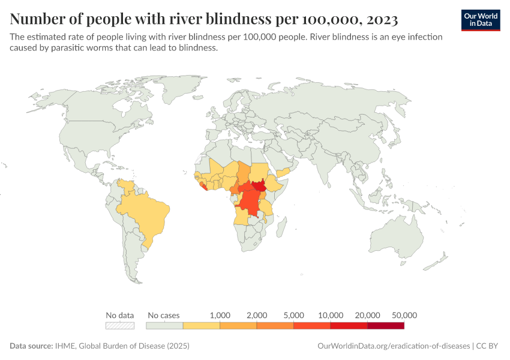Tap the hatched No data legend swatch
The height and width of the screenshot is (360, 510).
pos(119,326)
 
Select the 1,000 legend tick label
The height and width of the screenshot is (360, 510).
pos(220,315)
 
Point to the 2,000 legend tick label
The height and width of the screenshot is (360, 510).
pos(257,315)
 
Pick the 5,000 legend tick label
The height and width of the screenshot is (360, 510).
pos(294,315)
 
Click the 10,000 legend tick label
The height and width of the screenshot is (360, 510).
pos(331,315)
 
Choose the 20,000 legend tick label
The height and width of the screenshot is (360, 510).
pos(368,315)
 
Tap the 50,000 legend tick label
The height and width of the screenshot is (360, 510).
pos(404,315)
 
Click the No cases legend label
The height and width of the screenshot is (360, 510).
pos(163,315)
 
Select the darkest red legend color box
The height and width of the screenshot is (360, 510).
pos(386,326)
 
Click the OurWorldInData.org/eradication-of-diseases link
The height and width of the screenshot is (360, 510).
pos(392,346)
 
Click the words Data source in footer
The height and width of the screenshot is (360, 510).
pos(31,346)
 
